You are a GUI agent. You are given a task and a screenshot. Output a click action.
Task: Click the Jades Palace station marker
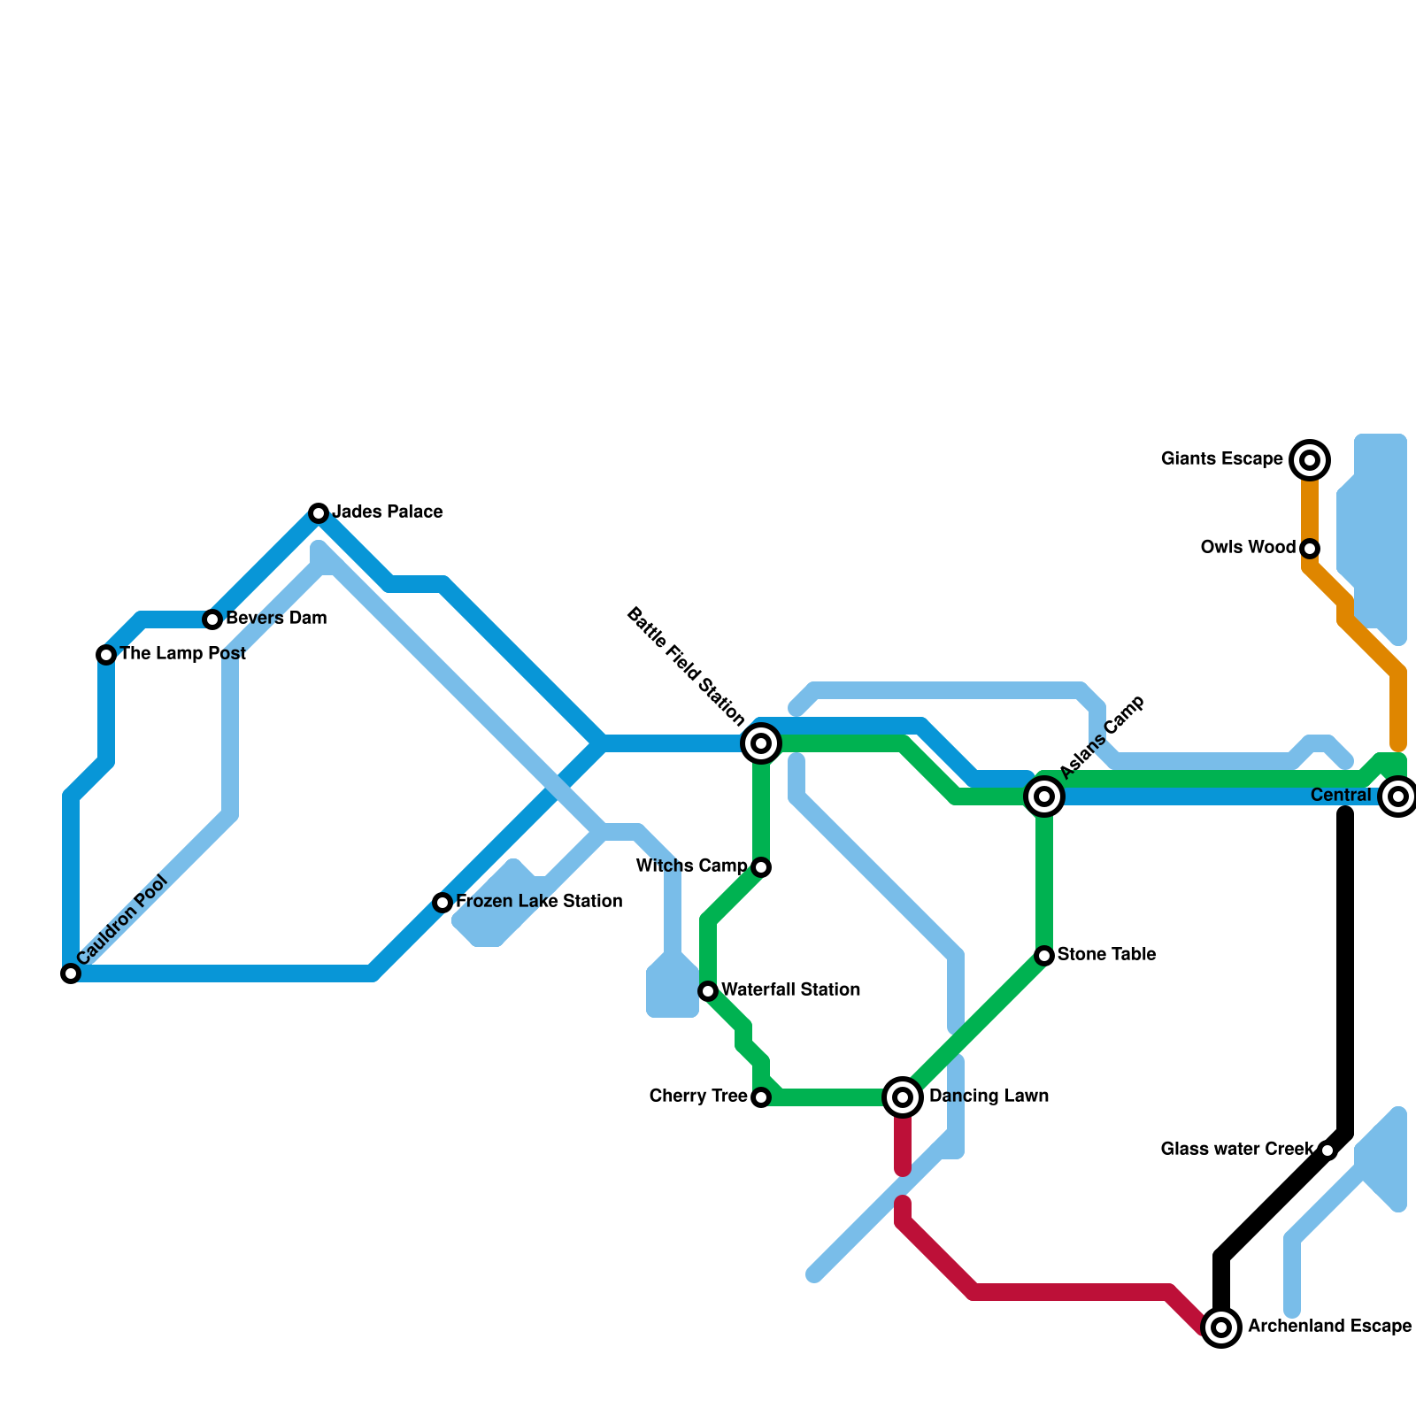click(x=319, y=513)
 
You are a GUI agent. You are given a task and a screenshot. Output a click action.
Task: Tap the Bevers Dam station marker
click(x=212, y=619)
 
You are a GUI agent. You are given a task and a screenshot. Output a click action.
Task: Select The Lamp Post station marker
click(x=106, y=655)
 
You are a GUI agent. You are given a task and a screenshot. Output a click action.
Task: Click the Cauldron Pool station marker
click(x=71, y=973)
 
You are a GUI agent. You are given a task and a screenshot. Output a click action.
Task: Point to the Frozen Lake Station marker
click(x=442, y=903)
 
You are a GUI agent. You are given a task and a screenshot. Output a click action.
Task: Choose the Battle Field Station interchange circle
click(x=761, y=743)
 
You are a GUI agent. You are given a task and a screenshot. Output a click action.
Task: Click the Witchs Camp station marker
click(x=761, y=867)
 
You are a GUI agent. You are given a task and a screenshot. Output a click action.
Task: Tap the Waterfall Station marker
click(x=708, y=991)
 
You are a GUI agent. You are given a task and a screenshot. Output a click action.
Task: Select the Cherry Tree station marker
click(x=761, y=1097)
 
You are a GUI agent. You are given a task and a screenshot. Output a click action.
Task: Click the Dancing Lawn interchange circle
click(x=903, y=1097)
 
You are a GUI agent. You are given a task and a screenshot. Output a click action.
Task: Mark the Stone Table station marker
click(x=1044, y=956)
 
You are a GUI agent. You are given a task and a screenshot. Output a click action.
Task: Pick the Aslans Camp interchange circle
click(x=1044, y=796)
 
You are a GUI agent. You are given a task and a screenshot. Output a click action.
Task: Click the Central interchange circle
click(x=1398, y=796)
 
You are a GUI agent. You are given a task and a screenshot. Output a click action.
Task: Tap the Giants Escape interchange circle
click(x=1310, y=460)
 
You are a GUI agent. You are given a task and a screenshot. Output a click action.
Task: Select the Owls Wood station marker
click(x=1310, y=549)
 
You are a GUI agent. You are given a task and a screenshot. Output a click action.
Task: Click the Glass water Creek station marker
click(x=1327, y=1150)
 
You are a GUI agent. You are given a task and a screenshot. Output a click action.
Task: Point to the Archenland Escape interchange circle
click(x=1221, y=1327)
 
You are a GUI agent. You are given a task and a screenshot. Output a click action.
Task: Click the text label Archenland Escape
click(x=1329, y=1327)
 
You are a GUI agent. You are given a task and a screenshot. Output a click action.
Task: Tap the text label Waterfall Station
click(x=790, y=989)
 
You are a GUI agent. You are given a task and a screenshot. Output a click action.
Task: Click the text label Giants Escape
click(x=1221, y=459)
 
